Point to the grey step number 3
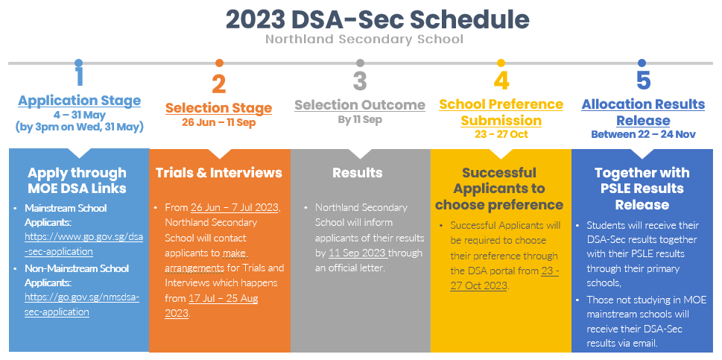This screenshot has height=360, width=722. coord(360,80)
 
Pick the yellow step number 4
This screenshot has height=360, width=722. coord(501,80)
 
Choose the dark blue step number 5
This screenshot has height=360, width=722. coord(643,80)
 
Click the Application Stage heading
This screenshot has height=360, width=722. coord(79,101)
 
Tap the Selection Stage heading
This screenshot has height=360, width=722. coord(218,108)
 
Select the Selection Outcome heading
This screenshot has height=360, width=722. coord(360,104)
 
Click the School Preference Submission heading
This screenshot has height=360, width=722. coord(501,112)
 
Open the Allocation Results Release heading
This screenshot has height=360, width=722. coord(643,112)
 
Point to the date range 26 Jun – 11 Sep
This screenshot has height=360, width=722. coord(218,122)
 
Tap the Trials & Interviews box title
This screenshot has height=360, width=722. coord(218,173)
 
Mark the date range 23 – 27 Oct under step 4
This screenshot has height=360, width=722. coord(501,134)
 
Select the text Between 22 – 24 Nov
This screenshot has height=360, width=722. coord(643,134)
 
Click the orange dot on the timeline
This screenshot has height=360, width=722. coord(219,63)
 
